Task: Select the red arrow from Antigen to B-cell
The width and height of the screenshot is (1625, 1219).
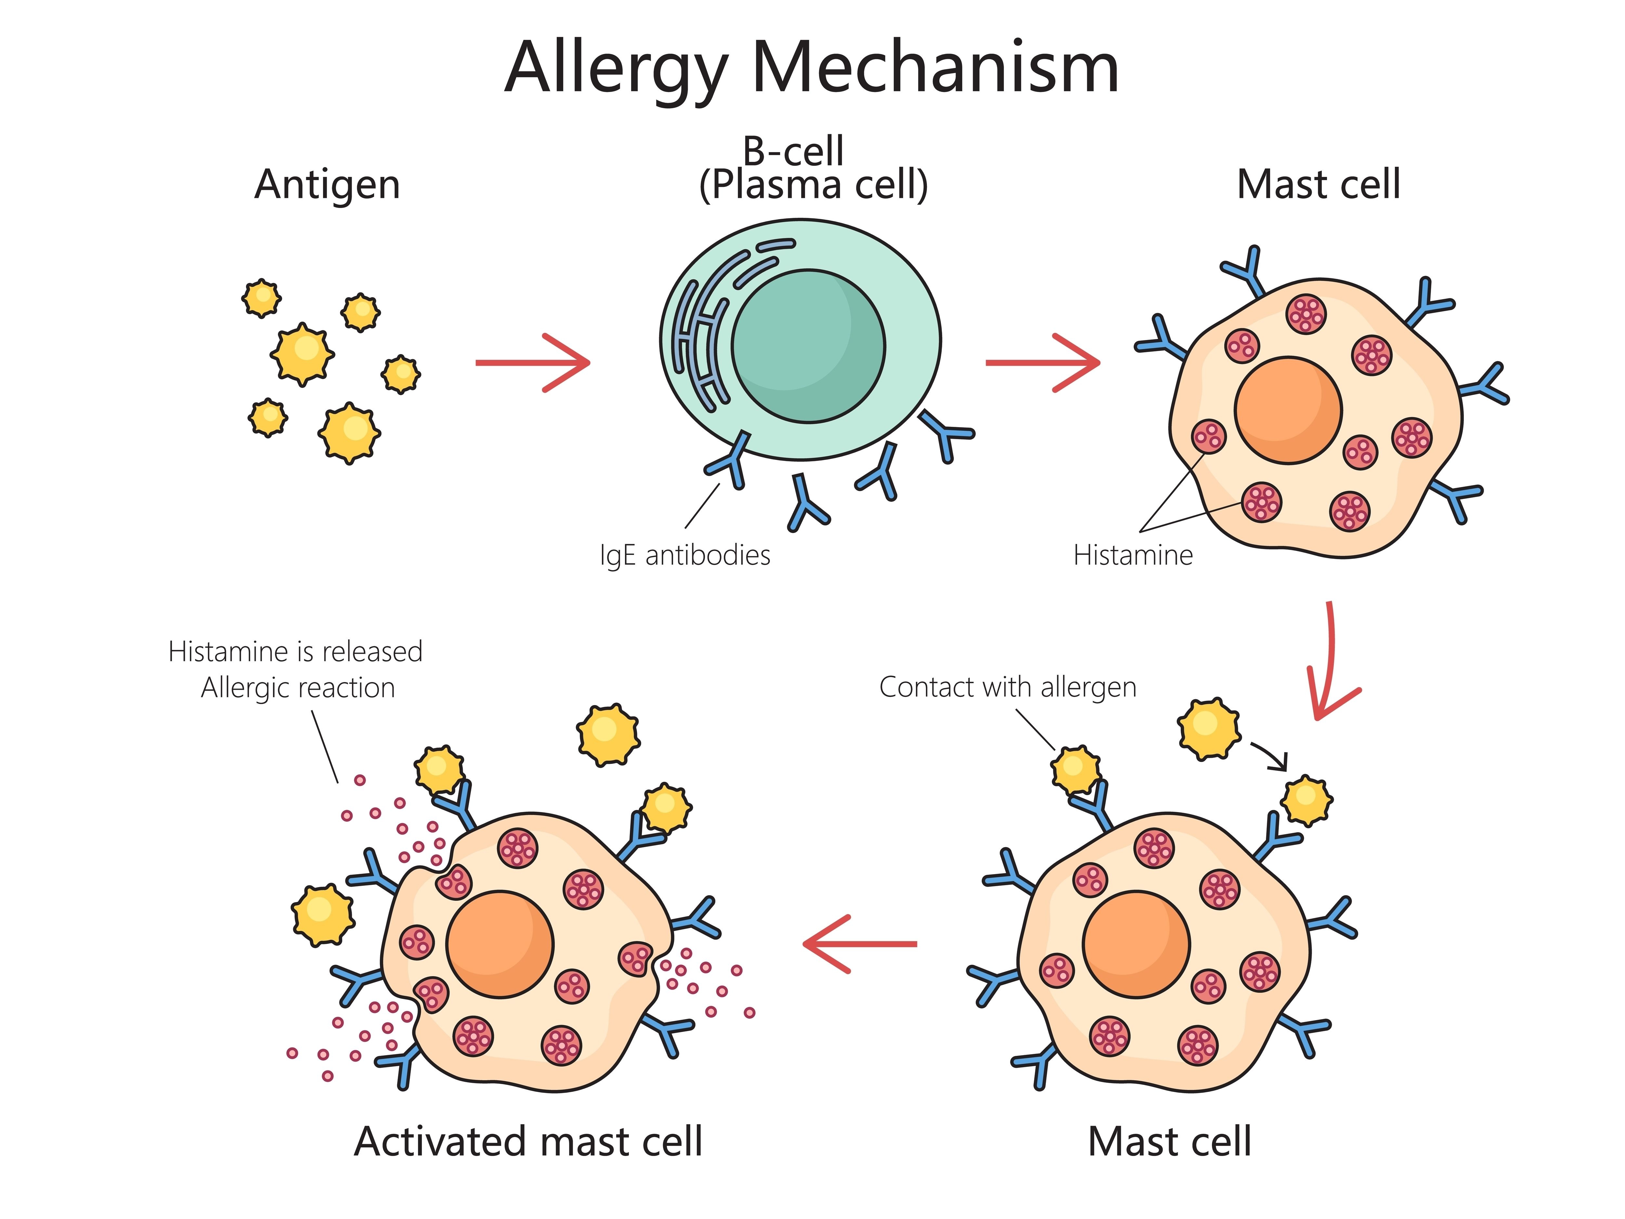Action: click(x=533, y=362)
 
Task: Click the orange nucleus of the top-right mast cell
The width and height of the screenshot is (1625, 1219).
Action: click(x=1288, y=410)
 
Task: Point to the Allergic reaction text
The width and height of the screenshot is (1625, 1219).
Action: click(x=297, y=688)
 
